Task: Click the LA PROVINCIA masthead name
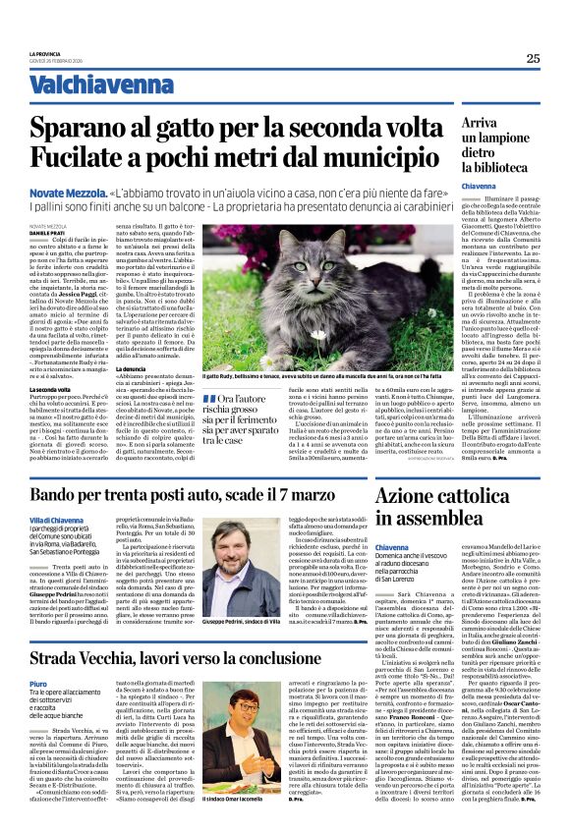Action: point(45,53)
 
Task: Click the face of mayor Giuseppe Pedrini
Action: point(261,546)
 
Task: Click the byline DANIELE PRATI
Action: point(46,232)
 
